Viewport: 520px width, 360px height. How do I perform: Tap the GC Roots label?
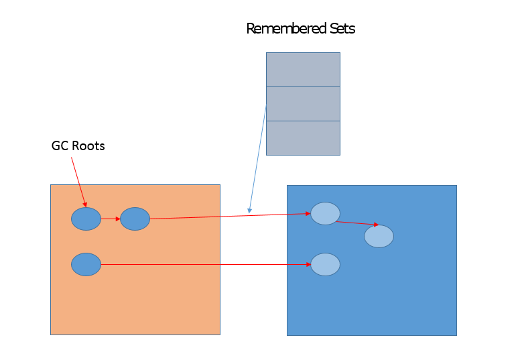[78, 145]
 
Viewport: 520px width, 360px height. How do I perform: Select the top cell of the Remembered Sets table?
[303, 70]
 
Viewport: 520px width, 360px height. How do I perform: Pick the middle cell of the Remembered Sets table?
[303, 104]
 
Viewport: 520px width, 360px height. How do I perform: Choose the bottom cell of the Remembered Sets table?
[303, 138]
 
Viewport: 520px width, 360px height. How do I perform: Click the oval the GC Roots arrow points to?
[86, 219]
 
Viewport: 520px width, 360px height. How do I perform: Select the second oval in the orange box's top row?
[135, 219]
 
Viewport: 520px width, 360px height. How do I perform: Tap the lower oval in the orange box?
[86, 264]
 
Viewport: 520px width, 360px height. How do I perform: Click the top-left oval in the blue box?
[325, 213]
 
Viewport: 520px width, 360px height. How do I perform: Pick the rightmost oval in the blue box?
[379, 236]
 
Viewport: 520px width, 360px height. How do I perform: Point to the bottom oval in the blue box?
[325, 264]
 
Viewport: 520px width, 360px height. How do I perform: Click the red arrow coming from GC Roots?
[78, 181]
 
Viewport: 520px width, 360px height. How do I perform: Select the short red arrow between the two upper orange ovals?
[111, 219]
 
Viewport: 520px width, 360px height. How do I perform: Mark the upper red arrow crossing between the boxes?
[228, 216]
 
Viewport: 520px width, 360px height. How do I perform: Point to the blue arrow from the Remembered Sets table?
[258, 158]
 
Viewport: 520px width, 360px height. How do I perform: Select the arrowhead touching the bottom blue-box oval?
[308, 264]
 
